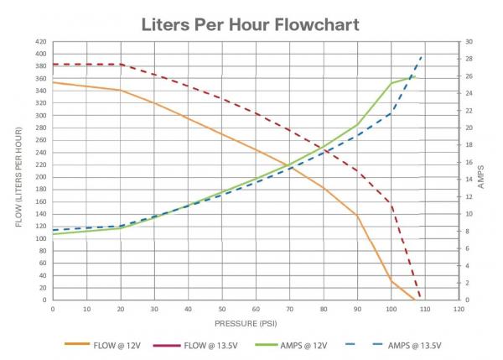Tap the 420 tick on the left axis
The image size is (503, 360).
(x=39, y=42)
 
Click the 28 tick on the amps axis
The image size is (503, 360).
(x=469, y=59)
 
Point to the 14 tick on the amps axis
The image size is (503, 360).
(x=469, y=180)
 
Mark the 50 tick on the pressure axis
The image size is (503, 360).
(x=221, y=309)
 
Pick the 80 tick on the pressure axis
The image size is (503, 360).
(x=323, y=309)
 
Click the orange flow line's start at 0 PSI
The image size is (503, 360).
(x=53, y=82)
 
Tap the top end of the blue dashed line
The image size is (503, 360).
(x=422, y=55)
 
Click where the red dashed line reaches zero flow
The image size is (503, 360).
(x=420, y=300)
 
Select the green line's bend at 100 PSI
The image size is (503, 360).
(x=391, y=83)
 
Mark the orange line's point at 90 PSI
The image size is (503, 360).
(x=357, y=216)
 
